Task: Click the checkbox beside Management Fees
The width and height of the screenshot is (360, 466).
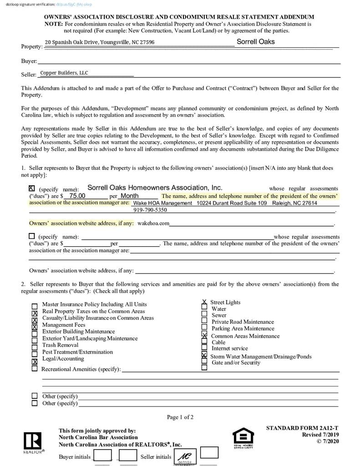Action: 35,327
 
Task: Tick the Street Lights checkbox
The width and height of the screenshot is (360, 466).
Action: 204,302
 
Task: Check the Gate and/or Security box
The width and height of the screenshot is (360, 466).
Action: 204,367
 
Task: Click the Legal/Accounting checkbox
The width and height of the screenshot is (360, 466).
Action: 35,362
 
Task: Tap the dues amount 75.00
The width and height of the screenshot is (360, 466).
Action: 77,196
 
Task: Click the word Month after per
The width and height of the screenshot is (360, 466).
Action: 129,196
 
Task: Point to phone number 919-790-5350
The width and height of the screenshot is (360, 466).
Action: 150,210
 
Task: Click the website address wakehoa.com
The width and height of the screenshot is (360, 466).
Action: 153,223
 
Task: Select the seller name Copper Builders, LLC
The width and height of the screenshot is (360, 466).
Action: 64,73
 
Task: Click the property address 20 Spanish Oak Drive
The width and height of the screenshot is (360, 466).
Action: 99,42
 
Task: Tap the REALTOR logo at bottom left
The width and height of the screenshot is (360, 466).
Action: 32,441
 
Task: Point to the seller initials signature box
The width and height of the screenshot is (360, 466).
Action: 184,456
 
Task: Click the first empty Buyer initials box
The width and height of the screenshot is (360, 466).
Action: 102,455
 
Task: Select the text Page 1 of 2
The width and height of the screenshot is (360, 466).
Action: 180,417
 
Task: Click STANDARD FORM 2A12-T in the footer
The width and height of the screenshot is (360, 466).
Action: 302,428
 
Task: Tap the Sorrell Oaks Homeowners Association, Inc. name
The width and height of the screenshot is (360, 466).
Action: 155,187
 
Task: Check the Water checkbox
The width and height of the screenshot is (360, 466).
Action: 204,309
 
